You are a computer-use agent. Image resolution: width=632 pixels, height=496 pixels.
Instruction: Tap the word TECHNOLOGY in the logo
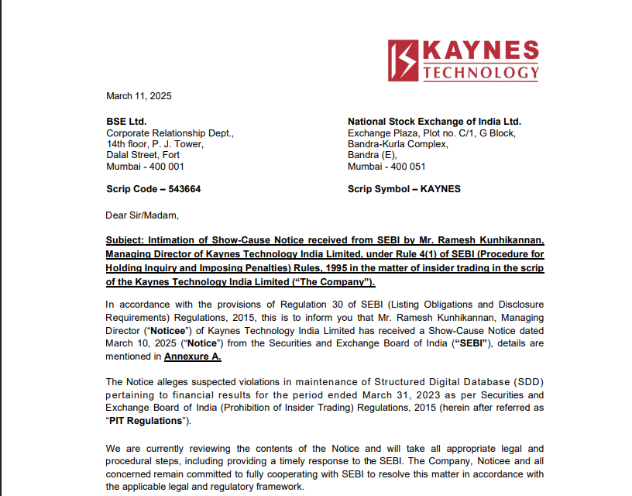pyautogui.click(x=480, y=73)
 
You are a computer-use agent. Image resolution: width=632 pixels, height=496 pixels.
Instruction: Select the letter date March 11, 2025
pyautogui.click(x=139, y=96)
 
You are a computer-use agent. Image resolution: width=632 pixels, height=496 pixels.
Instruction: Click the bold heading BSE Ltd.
pyautogui.click(x=126, y=122)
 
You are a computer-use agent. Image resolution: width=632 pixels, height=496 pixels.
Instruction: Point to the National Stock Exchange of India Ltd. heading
pyautogui.click(x=434, y=122)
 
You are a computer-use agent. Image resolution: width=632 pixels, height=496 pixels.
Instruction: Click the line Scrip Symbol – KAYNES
pyautogui.click(x=404, y=188)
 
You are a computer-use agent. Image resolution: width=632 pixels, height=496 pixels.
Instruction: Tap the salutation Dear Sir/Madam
pyautogui.click(x=142, y=215)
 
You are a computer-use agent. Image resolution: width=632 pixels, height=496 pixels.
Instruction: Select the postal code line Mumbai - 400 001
pyautogui.click(x=145, y=166)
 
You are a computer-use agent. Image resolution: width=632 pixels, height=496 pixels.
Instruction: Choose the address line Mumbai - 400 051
pyautogui.click(x=386, y=166)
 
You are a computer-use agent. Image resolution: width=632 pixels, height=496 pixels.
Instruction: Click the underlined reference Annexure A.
pyautogui.click(x=193, y=356)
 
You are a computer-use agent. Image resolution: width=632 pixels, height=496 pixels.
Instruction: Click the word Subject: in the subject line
pyautogui.click(x=125, y=240)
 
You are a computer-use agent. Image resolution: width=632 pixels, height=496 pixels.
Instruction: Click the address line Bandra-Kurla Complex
pyautogui.click(x=397, y=144)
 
